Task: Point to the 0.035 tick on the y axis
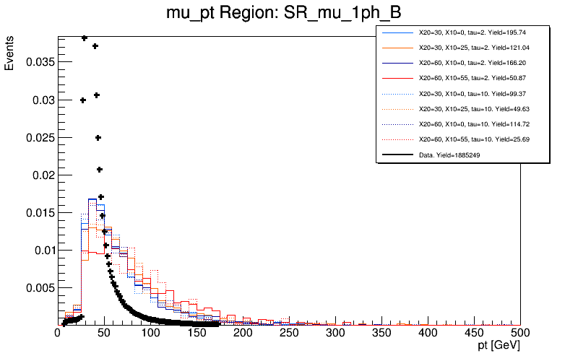(x=40, y=62)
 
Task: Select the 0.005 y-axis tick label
(x=40, y=287)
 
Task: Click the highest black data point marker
(x=85, y=38)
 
